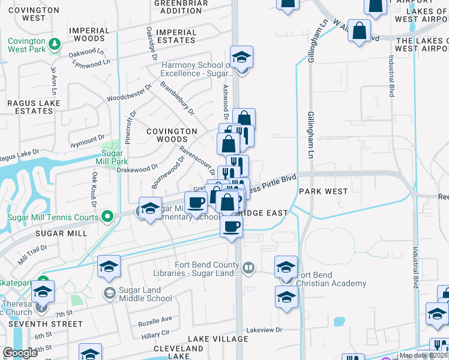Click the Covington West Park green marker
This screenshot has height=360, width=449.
pyautogui.click(x=55, y=44)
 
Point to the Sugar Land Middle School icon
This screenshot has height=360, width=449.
pyautogui.click(x=109, y=293)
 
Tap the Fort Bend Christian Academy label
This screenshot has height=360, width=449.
pyautogui.click(x=331, y=279)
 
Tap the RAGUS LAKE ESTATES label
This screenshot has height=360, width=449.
pyautogui.click(x=30, y=107)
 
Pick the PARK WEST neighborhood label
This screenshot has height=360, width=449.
pyautogui.click(x=323, y=191)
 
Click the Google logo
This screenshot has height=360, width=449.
pyautogui.click(x=20, y=352)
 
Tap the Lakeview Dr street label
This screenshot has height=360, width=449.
pyautogui.click(x=264, y=329)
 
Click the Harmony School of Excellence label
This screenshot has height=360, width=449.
pyautogui.click(x=195, y=69)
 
